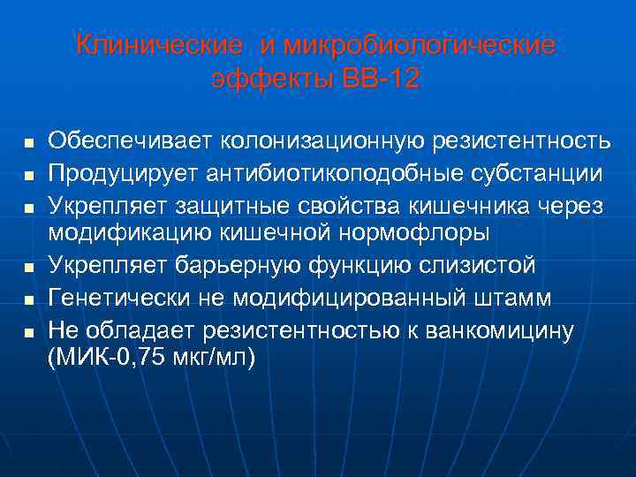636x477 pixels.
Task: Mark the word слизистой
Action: pos(477,265)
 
